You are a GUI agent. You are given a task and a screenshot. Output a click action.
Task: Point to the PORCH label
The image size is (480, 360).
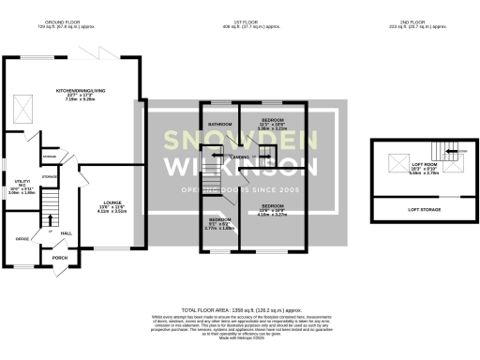(60, 258)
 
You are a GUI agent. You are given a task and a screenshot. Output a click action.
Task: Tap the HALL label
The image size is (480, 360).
(66, 232)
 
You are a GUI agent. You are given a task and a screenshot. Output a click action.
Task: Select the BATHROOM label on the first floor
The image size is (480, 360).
(219, 124)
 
